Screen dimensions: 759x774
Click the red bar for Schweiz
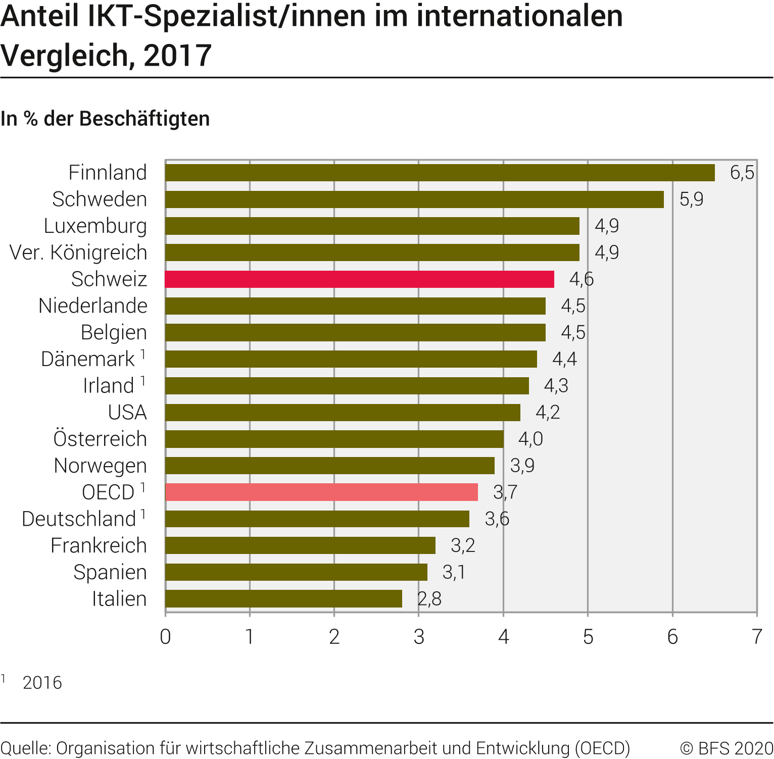[x=360, y=279]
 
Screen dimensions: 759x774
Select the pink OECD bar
[x=321, y=492]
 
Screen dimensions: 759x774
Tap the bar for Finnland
[x=440, y=173]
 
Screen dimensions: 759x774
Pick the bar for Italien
[x=283, y=599]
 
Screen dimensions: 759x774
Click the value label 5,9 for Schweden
[x=691, y=199]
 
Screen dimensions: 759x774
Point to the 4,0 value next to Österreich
[x=530, y=439]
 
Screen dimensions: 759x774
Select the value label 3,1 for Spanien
[x=454, y=572]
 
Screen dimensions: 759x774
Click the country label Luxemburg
[x=95, y=226]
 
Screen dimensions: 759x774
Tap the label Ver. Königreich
[x=78, y=252]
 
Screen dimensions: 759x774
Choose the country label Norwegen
[x=101, y=466]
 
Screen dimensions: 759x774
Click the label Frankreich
[x=99, y=545]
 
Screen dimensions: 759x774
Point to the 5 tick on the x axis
[x=588, y=637]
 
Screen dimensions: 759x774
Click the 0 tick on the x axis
[x=165, y=637]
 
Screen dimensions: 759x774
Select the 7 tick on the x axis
[x=756, y=637]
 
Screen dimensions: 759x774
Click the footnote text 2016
[x=42, y=683]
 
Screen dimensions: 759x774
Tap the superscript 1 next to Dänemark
[x=143, y=355]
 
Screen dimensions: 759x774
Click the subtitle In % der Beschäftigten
[x=105, y=119]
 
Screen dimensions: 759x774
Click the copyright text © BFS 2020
[x=727, y=748]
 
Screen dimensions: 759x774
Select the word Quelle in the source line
[x=25, y=748]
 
